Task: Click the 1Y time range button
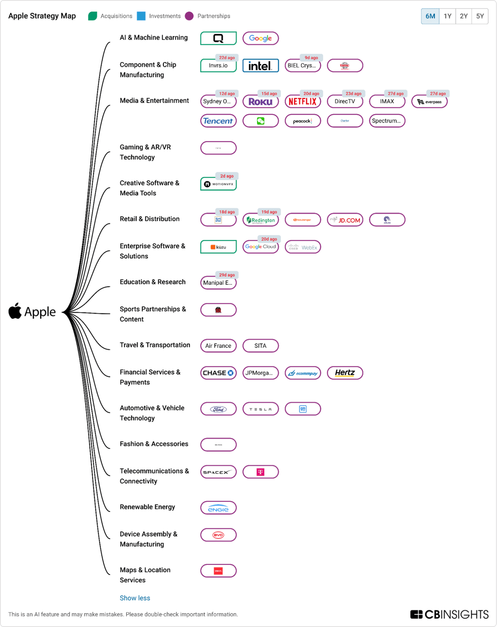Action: pyautogui.click(x=447, y=16)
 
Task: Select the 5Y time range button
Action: pyautogui.click(x=480, y=16)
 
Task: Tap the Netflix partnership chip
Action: pyautogui.click(x=303, y=102)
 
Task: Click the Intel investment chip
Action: pyautogui.click(x=260, y=66)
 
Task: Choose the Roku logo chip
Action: pyautogui.click(x=260, y=102)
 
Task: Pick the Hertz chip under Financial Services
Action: pyautogui.click(x=345, y=373)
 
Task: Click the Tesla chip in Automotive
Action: pyautogui.click(x=260, y=409)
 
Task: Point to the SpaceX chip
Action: pyautogui.click(x=218, y=472)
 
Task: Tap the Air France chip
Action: pyautogui.click(x=218, y=346)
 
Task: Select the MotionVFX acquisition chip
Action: pyautogui.click(x=218, y=184)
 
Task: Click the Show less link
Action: pyautogui.click(x=135, y=598)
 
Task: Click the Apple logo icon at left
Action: pyautogui.click(x=15, y=311)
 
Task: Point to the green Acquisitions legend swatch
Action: pyautogui.click(x=93, y=16)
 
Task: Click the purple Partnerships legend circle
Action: pyautogui.click(x=189, y=16)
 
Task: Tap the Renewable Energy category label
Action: pyautogui.click(x=147, y=507)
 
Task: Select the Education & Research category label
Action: pyautogui.click(x=152, y=282)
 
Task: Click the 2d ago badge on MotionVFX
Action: pyautogui.click(x=227, y=176)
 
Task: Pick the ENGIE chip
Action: pyautogui.click(x=218, y=508)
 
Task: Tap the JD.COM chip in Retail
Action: pyautogui.click(x=345, y=220)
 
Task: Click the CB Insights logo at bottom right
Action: pyautogui.click(x=449, y=614)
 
